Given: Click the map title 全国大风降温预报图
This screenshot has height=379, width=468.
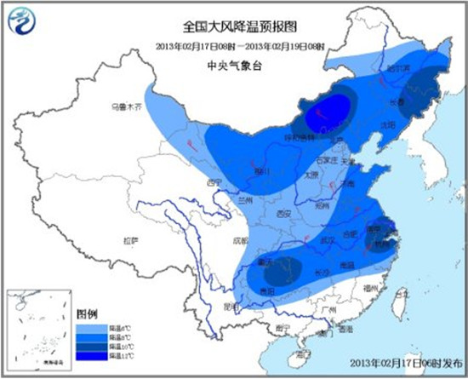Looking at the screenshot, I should pyautogui.click(x=233, y=28).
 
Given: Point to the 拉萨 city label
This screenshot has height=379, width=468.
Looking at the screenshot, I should pyautogui.click(x=128, y=241).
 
